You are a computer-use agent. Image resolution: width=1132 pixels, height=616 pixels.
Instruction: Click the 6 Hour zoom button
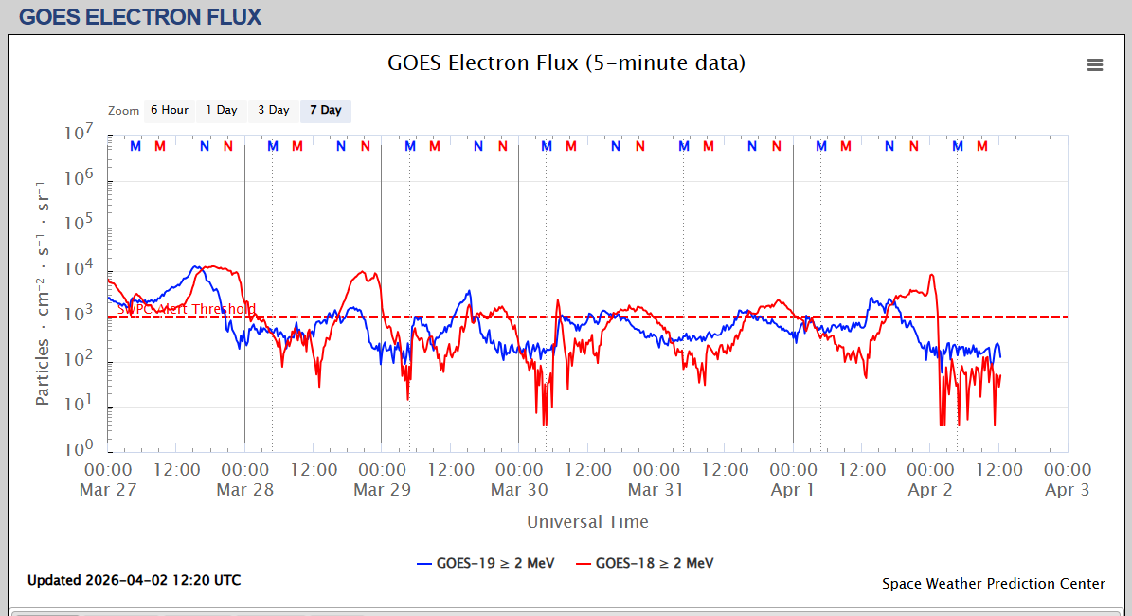point(169,111)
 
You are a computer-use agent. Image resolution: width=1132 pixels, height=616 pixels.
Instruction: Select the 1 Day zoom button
point(222,111)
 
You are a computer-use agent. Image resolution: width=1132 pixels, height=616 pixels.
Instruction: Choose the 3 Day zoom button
point(274,111)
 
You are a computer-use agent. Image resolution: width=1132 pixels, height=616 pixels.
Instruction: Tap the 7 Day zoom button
point(326,111)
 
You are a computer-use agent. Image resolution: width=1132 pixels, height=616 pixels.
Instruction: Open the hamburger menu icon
point(1095,65)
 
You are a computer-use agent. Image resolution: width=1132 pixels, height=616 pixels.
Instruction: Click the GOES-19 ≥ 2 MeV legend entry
point(485,563)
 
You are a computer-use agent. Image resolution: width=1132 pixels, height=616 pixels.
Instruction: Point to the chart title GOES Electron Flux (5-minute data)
point(566,63)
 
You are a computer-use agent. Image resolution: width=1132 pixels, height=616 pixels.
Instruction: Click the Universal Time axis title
point(587,521)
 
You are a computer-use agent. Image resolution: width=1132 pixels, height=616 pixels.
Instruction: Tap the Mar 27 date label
point(109,490)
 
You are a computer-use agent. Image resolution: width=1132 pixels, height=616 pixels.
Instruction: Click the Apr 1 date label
point(793,490)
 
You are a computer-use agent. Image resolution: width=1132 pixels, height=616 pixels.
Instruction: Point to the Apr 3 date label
point(1067,490)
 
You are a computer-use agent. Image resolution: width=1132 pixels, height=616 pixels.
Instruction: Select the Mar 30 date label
point(519,490)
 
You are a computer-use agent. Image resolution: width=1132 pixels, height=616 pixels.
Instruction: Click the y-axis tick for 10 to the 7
point(81,135)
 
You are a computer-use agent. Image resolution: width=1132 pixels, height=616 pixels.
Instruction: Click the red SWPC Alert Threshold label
point(186,309)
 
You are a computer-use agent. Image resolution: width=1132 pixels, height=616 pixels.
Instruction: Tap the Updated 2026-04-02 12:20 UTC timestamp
point(134,580)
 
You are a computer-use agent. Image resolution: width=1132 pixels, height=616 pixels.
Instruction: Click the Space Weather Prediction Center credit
point(993,584)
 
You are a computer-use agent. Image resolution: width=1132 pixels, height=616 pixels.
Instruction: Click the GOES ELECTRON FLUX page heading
point(140,17)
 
